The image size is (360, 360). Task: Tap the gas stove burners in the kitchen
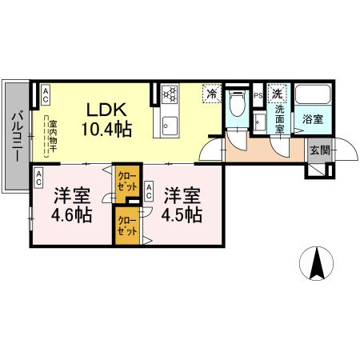point(170,95)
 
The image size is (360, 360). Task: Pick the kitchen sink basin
point(170,126)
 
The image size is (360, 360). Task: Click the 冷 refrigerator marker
point(212,94)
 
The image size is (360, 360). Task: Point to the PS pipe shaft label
point(258,96)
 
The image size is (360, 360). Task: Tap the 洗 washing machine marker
point(277,93)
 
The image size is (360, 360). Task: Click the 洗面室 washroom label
point(280,118)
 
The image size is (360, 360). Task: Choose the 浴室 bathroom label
point(313,120)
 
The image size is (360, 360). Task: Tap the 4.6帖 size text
point(71,215)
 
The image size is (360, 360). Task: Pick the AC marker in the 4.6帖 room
point(38,181)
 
